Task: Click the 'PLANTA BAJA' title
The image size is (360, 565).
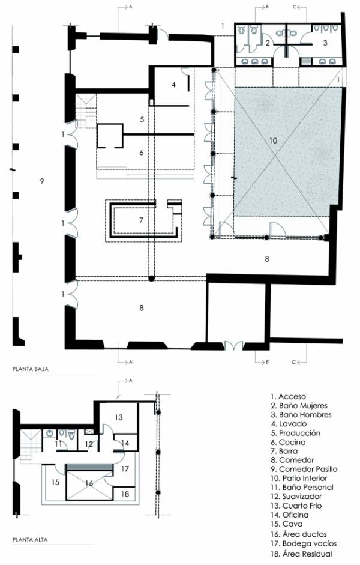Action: point(30,369)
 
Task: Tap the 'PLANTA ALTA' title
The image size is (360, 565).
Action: point(30,539)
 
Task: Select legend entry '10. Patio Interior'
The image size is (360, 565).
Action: point(299,478)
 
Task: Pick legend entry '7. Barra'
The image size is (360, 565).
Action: point(284,451)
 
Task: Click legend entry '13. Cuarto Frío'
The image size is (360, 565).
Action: point(296,506)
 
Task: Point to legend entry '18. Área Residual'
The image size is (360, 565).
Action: point(301,554)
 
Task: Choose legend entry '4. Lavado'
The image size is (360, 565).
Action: point(289,424)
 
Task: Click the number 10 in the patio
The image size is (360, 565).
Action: point(273,140)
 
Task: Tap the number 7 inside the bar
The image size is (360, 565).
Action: point(142,220)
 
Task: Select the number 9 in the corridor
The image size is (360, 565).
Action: point(42,181)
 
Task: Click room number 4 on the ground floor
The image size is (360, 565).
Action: point(174,85)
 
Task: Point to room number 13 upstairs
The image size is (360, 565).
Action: point(119,417)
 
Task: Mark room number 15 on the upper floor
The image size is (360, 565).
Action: point(55,482)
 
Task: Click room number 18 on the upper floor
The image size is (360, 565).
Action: point(125,494)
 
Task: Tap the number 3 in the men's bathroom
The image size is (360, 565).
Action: point(325,43)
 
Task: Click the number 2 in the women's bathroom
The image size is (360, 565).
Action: point(268,43)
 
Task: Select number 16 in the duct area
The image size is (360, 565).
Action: point(89,483)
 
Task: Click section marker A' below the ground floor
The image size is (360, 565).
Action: point(131,362)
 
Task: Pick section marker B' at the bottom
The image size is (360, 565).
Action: point(268,362)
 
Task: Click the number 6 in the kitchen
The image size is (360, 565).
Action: point(142,153)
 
